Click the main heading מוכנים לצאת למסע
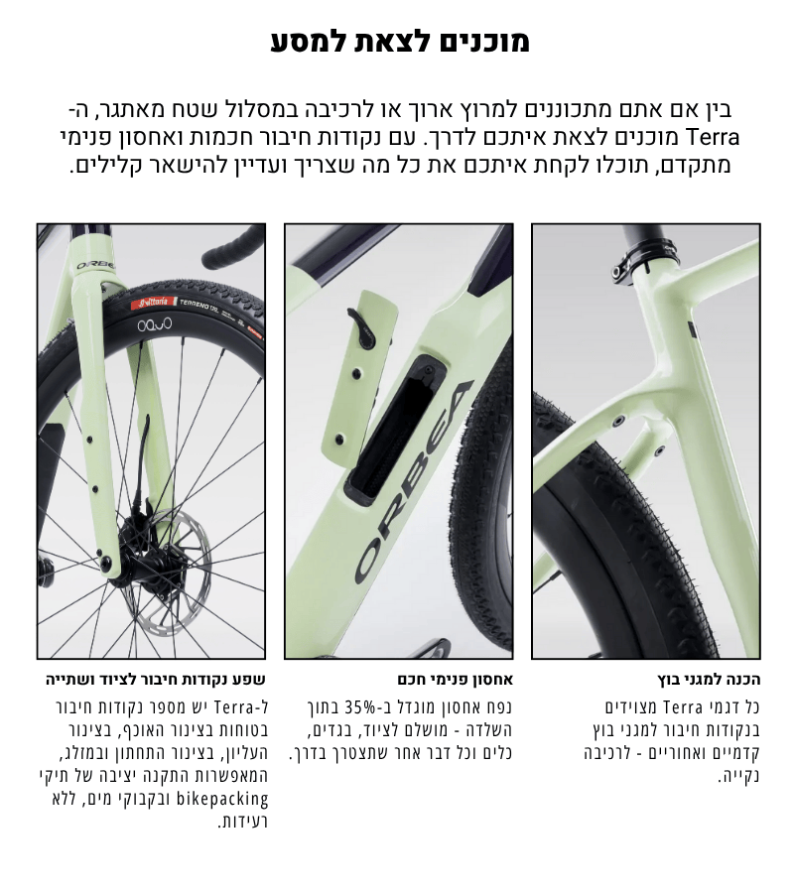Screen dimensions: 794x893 [400, 41]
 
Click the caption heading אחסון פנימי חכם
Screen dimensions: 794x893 [456, 680]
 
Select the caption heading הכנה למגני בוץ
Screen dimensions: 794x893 [709, 680]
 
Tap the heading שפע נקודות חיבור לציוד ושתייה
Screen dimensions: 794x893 [156, 680]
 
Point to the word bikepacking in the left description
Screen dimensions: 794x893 [222, 799]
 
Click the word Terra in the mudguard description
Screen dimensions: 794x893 [684, 707]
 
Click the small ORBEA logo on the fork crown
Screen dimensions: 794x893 [94, 265]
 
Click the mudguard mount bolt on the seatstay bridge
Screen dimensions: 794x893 [617, 422]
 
